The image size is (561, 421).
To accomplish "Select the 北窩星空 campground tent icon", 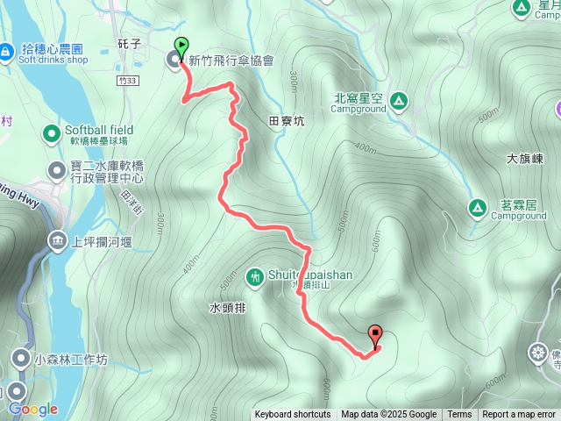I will (x=399, y=101).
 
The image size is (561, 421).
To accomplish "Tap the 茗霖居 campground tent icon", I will (x=478, y=209).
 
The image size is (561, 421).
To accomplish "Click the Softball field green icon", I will (x=52, y=133).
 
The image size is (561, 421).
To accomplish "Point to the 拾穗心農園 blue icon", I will (x=6, y=54).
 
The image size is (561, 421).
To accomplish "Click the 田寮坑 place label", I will (x=286, y=122).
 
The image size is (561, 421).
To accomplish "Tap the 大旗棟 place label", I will (x=525, y=160).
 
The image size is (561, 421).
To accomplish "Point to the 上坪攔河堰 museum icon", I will (x=58, y=239).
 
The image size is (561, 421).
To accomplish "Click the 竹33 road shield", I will (x=127, y=81).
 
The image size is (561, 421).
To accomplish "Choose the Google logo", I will (x=32, y=409).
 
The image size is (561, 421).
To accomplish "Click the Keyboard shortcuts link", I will (x=293, y=415).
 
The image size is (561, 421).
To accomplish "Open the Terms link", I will (x=459, y=415).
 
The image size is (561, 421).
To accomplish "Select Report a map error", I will (x=519, y=415).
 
